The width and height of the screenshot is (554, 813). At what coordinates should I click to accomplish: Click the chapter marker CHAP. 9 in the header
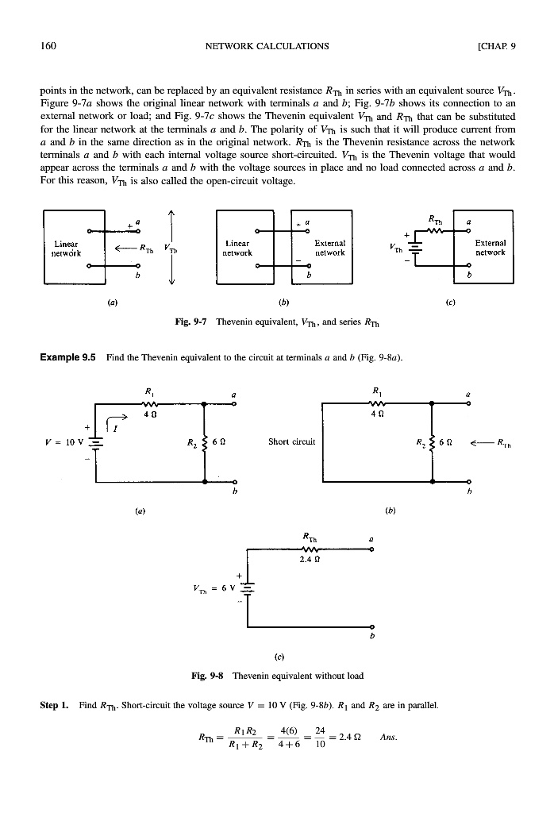point(497,45)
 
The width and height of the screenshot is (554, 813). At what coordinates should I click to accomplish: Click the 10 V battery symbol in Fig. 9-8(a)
point(96,443)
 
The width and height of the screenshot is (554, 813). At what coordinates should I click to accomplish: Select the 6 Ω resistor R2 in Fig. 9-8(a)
point(205,442)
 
